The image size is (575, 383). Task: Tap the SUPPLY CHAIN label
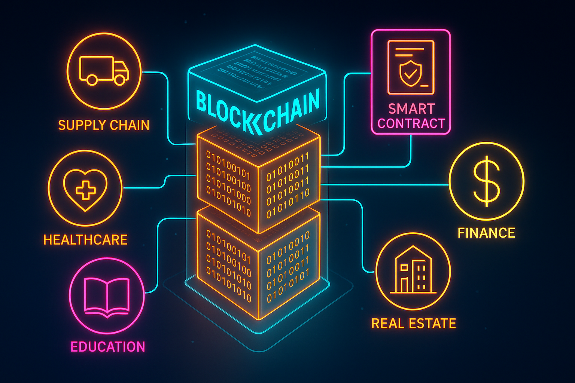[104, 125]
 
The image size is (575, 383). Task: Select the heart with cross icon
[85, 189]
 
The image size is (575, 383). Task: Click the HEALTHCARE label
[85, 240]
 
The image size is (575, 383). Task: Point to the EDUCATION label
[108, 347]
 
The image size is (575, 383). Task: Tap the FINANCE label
[486, 233]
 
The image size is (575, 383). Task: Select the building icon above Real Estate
[413, 270]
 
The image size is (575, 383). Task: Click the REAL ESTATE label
[413, 324]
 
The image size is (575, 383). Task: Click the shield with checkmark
[410, 73]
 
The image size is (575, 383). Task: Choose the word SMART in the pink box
[411, 109]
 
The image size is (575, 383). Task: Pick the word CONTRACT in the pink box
[411, 123]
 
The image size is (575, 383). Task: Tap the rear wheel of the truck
[92, 80]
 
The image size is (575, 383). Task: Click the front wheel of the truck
[119, 80]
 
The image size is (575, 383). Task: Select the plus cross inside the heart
[85, 190]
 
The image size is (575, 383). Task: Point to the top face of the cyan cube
[256, 73]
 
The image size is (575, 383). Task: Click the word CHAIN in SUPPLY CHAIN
[130, 125]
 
